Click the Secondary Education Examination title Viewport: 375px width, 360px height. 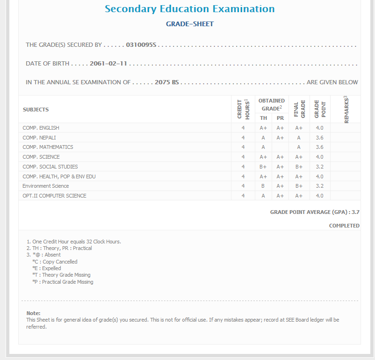pos(189,9)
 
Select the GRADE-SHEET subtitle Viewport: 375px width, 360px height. pos(189,24)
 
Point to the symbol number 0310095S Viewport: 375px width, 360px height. pos(141,45)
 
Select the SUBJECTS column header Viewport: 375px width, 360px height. pos(36,110)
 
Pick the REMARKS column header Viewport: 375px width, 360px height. pos(346,110)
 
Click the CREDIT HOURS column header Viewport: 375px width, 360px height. pos(243,110)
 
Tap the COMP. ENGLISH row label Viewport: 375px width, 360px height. pos(41,128)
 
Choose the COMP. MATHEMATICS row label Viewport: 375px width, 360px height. pos(48,147)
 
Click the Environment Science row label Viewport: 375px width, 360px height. pos(45,186)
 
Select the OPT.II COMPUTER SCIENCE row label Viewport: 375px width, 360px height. pos(54,196)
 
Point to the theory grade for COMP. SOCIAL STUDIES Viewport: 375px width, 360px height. pos(263,167)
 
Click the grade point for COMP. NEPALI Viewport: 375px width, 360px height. pos(319,138)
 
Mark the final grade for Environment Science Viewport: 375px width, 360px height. pos(299,186)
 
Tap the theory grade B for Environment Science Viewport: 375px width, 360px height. pos(263,186)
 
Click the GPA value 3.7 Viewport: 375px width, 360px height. pos(355,212)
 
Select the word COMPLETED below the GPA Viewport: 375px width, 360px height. pos(344,226)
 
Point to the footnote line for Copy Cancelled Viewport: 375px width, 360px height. pos(55,262)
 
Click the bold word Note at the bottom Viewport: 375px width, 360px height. pos(33,313)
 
